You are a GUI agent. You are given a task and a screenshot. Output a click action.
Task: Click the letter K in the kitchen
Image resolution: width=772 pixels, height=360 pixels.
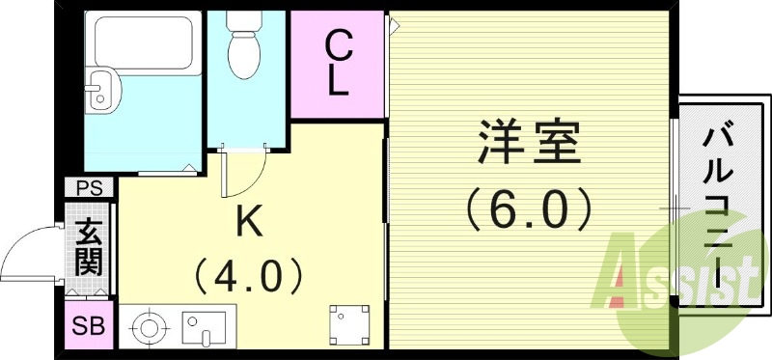[x=249, y=224]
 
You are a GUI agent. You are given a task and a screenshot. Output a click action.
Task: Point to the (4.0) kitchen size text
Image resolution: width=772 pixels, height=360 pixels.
[x=249, y=276]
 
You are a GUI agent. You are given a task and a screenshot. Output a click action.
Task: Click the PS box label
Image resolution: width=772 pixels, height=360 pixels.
[x=90, y=187]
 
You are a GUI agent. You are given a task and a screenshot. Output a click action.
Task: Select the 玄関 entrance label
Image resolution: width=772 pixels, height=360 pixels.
[x=90, y=246]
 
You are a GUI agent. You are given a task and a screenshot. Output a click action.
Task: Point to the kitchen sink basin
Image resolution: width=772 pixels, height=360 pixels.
[x=205, y=327]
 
